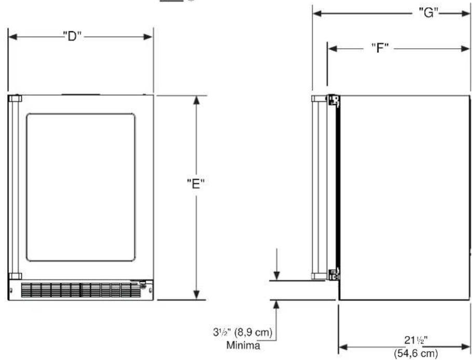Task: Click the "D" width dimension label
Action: click(72, 36)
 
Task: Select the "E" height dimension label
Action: click(196, 183)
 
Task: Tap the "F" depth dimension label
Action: click(380, 48)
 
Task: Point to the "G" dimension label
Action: click(429, 12)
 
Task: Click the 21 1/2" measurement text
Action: click(416, 340)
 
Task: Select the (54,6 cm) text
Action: click(416, 353)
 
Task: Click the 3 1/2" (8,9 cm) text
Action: click(242, 332)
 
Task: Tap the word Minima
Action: click(243, 345)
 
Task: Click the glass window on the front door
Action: click(80, 187)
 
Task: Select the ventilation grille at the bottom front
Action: click(80, 290)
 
